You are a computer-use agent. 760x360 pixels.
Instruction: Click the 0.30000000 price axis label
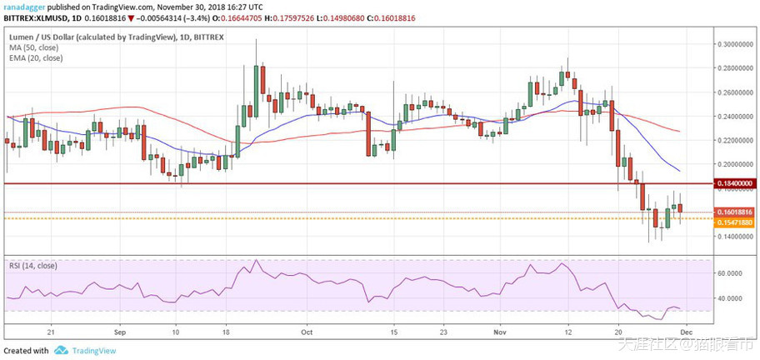click(x=734, y=43)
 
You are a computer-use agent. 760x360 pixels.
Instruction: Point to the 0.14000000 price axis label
click(x=734, y=237)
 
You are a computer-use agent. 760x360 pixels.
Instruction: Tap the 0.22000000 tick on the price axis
click(x=734, y=140)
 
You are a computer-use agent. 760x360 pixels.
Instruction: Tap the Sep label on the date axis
click(x=118, y=330)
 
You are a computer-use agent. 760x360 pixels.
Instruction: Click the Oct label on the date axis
click(x=306, y=330)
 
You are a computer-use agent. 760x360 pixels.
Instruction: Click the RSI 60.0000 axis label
click(x=731, y=272)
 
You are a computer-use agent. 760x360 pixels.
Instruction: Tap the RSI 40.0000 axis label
click(x=731, y=298)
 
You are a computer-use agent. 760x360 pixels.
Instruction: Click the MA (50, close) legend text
click(x=35, y=47)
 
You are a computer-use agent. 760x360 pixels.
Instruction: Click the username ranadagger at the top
click(x=24, y=7)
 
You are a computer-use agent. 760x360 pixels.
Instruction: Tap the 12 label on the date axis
click(x=567, y=330)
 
